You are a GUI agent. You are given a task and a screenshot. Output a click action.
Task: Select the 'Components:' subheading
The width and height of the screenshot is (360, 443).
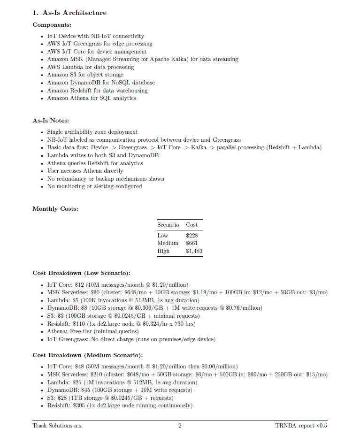(52, 25)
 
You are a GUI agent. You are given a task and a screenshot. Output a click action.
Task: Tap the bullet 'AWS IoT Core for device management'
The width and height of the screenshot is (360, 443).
(97, 52)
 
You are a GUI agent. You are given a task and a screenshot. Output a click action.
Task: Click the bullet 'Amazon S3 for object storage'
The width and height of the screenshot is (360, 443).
(85, 75)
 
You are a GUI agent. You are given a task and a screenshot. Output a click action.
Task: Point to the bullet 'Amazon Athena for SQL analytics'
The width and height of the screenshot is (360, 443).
(91, 98)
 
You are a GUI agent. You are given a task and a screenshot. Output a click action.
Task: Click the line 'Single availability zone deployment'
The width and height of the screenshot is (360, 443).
(92, 132)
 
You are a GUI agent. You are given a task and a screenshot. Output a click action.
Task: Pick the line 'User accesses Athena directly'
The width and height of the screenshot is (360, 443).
(85, 171)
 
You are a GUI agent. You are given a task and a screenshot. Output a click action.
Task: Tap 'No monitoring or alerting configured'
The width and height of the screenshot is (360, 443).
(94, 186)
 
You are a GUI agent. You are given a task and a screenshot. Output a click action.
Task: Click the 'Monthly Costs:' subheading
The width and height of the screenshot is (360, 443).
(55, 208)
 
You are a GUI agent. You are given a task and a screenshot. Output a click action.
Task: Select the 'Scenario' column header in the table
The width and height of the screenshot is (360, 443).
(168, 225)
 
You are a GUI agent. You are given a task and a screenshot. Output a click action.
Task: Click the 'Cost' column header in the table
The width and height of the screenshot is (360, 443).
(191, 225)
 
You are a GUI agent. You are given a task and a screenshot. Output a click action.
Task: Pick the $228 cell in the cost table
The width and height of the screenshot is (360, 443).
(191, 236)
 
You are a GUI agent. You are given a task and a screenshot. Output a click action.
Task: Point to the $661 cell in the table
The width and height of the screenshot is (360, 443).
(191, 243)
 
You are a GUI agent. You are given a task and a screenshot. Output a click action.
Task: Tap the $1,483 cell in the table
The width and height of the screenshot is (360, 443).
(194, 251)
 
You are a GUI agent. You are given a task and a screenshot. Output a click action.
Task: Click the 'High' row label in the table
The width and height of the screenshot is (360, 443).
(163, 251)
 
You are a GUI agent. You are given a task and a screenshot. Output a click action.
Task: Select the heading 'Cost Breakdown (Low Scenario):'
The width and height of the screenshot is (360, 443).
(81, 273)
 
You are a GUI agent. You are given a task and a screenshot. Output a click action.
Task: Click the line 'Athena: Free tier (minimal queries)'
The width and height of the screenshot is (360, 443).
(98, 331)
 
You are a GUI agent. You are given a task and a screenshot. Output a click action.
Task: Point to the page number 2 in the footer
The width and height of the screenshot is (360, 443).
(180, 426)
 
